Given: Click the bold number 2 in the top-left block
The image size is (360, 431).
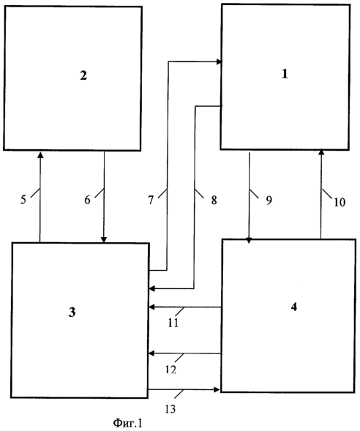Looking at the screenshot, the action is (x=83, y=75).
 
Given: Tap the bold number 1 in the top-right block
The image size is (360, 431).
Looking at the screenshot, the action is (x=285, y=74).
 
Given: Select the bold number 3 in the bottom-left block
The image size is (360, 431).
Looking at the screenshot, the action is (x=72, y=312).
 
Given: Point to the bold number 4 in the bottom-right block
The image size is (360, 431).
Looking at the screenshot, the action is (x=294, y=307).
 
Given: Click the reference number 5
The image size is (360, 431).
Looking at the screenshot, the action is (x=23, y=200).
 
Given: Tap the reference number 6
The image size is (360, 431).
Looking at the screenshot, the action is (x=87, y=200).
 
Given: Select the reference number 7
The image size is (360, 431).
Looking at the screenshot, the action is (x=151, y=200).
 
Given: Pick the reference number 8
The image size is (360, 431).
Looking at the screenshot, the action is (x=214, y=200).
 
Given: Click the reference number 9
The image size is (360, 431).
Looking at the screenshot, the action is (x=269, y=200).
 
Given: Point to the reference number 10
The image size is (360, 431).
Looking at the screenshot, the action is (x=340, y=202).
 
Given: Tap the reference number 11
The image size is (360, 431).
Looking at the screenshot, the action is (x=173, y=323).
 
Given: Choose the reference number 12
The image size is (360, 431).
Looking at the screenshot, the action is (x=171, y=370).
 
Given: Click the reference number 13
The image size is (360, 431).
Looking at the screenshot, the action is (x=170, y=409).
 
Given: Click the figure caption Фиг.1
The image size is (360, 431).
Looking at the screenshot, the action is (x=128, y=423).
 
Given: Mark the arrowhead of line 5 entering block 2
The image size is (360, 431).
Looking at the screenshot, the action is (x=40, y=154).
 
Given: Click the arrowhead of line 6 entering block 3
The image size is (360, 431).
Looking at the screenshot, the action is (x=104, y=239).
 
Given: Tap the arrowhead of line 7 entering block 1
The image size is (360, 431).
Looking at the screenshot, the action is (x=219, y=62).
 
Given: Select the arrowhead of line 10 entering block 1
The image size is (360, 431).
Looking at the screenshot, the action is (x=321, y=153).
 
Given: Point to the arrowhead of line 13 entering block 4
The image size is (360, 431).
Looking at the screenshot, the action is (x=217, y=389).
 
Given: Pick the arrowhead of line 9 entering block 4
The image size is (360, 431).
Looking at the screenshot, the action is (x=249, y=240).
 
